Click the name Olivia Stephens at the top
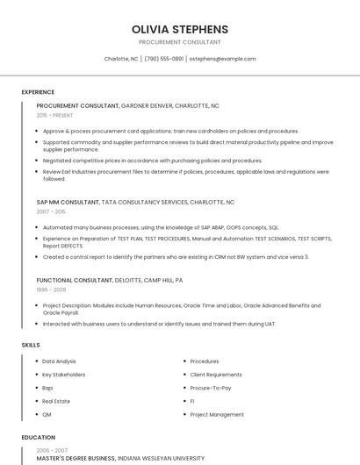coord(180,29)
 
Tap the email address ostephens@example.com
coord(222,59)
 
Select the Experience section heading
coord(38,91)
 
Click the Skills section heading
coord(31,345)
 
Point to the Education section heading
coord(38,437)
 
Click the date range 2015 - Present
coord(54,115)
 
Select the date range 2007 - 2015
coord(52,211)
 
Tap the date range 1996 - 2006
coord(51,289)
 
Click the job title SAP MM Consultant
coord(68,202)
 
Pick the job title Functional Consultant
coord(75,279)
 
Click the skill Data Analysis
coord(59,361)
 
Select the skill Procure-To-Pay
coord(211,388)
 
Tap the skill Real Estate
coord(56,401)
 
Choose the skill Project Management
coord(217,414)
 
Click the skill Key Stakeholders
coord(64,375)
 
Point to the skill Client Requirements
coord(216,375)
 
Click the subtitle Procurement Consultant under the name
coord(180,42)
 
